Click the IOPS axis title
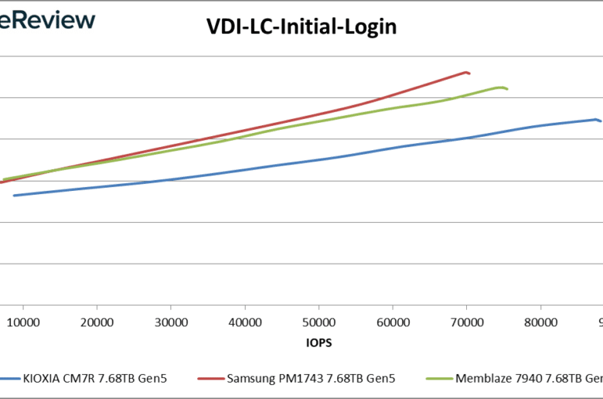pyautogui.click(x=319, y=340)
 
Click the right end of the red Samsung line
pyautogui.click(x=469, y=73)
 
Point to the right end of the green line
pyautogui.click(x=507, y=90)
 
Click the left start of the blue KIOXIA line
pyautogui.click(x=14, y=196)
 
